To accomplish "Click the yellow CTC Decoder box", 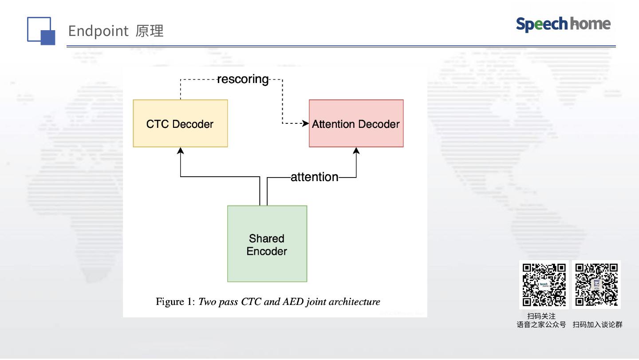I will [180, 123].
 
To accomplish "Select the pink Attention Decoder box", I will [356, 123].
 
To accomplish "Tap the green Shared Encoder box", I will [267, 244].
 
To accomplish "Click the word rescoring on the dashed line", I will [243, 79].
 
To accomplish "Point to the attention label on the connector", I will [314, 177].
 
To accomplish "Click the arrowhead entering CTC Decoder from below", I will [180, 151].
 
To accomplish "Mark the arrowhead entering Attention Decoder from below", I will [356, 151].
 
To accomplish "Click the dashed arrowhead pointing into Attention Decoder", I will [305, 123].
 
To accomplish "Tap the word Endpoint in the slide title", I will [98, 31].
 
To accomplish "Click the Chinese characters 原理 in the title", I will [150, 31].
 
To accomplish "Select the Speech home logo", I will [563, 24].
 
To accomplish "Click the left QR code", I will [544, 285].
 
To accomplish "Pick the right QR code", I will [596, 285].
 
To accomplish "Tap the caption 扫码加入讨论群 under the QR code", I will [597, 325].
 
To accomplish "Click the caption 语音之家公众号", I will [541, 325].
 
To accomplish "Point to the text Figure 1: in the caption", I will [175, 302].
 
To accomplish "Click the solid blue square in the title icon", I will [47, 38].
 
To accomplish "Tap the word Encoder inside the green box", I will [267, 251].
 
